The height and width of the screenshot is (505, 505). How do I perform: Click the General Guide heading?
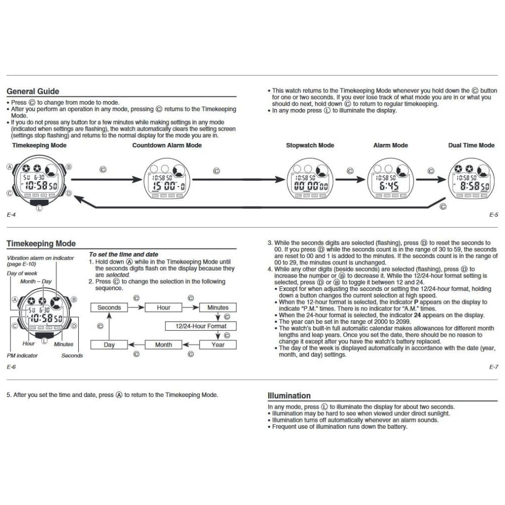point(33,91)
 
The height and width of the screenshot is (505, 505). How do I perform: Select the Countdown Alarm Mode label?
point(167,145)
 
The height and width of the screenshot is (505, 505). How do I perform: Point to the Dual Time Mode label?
point(471,145)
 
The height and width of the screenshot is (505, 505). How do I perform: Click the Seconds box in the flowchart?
point(109,308)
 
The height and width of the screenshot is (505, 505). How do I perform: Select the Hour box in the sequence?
point(164,308)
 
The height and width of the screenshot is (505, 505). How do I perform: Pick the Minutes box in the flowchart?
point(218,308)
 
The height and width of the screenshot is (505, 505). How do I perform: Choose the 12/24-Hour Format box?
point(201,326)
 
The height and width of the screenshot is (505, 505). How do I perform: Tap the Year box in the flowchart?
point(218,345)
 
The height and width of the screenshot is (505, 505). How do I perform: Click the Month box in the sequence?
point(164,345)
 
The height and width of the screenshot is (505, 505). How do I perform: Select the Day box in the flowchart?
point(109,345)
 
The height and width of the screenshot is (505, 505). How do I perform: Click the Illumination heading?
point(289,396)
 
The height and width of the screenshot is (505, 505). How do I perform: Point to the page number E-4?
point(11,215)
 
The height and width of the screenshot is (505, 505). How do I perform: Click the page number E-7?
point(494,367)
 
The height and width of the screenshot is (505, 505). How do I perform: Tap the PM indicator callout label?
point(22,356)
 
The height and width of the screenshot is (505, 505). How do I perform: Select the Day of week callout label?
point(19,273)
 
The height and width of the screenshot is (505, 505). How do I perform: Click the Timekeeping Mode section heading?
point(41,243)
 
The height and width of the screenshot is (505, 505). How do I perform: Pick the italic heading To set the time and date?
point(124,255)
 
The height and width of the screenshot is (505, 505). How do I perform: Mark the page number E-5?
point(494,215)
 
